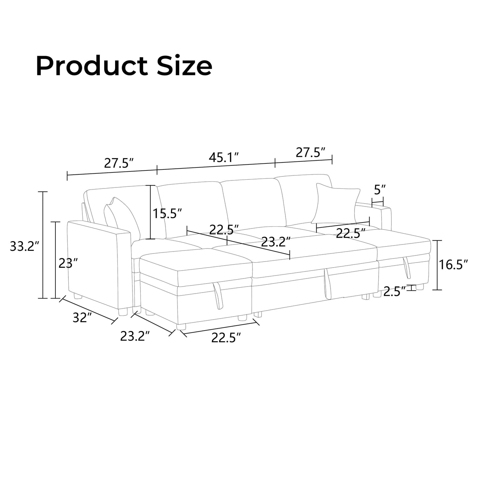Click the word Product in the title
[x=91, y=66]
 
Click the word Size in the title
[x=185, y=65]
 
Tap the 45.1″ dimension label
[x=223, y=157]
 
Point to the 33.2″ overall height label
[x=25, y=247]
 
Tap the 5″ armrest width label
[x=380, y=190]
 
